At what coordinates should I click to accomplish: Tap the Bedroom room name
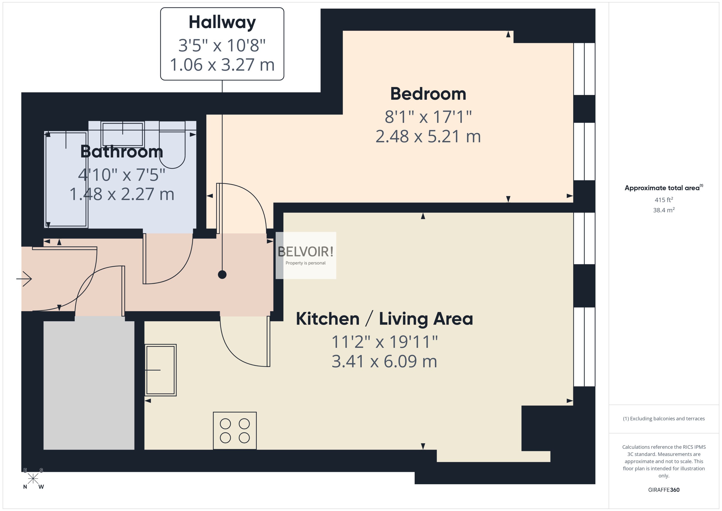(428, 94)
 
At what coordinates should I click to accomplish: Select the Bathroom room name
(122, 152)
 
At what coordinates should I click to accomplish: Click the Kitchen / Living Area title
(384, 319)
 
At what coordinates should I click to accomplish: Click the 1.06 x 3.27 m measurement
(222, 65)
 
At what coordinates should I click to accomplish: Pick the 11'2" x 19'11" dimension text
(384, 342)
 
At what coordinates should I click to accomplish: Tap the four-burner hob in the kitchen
(235, 431)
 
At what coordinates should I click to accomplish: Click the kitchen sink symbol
(160, 370)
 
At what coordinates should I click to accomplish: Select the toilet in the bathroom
(172, 148)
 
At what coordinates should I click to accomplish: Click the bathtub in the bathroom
(66, 179)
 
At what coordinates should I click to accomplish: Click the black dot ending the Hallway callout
(222, 275)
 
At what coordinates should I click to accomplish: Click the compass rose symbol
(33, 479)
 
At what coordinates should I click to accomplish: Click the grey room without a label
(89, 385)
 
